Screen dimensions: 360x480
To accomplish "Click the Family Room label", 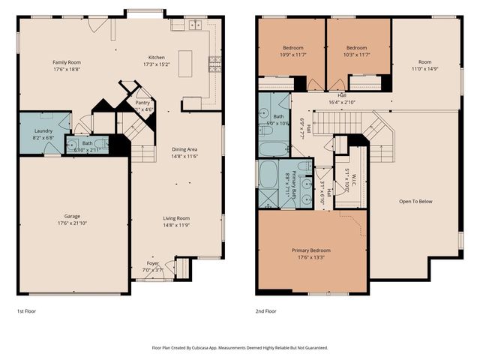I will (x=66, y=62).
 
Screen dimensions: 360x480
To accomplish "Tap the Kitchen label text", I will (x=156, y=57).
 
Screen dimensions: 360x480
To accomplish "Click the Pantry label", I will (x=142, y=102).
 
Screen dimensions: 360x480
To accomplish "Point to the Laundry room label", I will (x=43, y=130).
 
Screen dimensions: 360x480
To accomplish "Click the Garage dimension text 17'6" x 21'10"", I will (x=72, y=223).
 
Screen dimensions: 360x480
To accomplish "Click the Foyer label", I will (x=152, y=263).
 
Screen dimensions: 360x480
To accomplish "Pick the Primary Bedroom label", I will (x=310, y=250).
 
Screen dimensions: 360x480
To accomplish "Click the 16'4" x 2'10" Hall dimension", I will (x=341, y=102).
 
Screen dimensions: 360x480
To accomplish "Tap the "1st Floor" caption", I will (x=26, y=310).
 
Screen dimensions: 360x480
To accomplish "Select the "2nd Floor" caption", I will (x=266, y=310).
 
